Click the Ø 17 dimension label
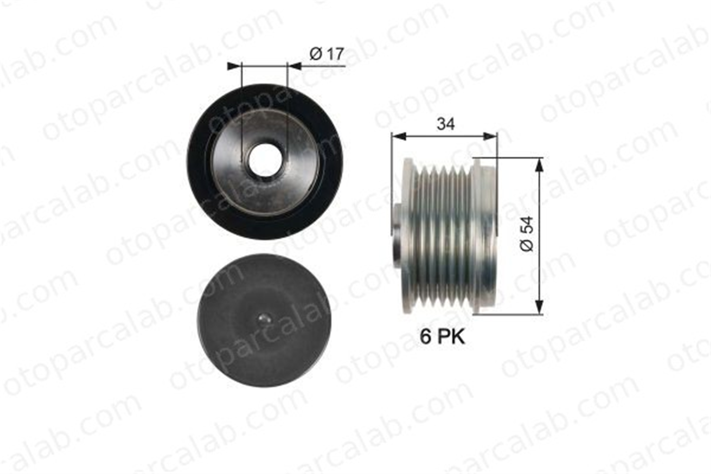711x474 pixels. click(327, 54)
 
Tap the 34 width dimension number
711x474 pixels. click(446, 124)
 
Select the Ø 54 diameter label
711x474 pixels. click(528, 234)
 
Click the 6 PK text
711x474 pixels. click(442, 336)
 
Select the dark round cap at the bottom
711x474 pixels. click(265, 320)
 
